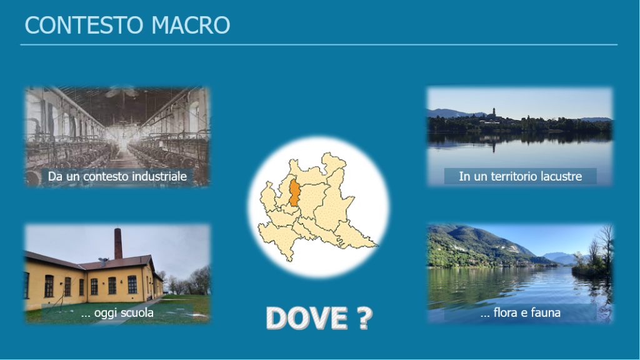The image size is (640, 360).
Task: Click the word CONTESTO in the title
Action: point(84,25)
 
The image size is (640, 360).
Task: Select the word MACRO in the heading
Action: point(191,25)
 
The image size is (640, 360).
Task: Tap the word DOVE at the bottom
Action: point(307,318)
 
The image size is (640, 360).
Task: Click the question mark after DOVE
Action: point(365,318)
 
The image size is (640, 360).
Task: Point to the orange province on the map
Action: point(294,192)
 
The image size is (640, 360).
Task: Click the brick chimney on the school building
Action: point(118,244)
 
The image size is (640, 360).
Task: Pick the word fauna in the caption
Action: point(545,312)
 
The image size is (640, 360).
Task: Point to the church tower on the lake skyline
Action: point(494,112)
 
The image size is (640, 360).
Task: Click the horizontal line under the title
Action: point(319,44)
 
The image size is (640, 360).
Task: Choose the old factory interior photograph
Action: point(117,136)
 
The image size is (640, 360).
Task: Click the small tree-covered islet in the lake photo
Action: point(590,264)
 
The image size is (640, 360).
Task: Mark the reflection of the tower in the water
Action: point(494,144)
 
